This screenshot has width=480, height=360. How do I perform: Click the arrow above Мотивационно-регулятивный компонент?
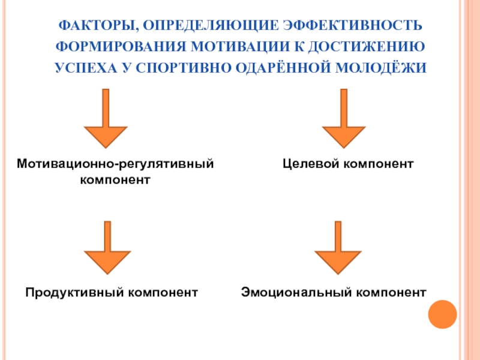106,120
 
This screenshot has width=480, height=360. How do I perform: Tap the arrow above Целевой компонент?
344,120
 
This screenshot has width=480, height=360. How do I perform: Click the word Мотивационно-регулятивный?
115,163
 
